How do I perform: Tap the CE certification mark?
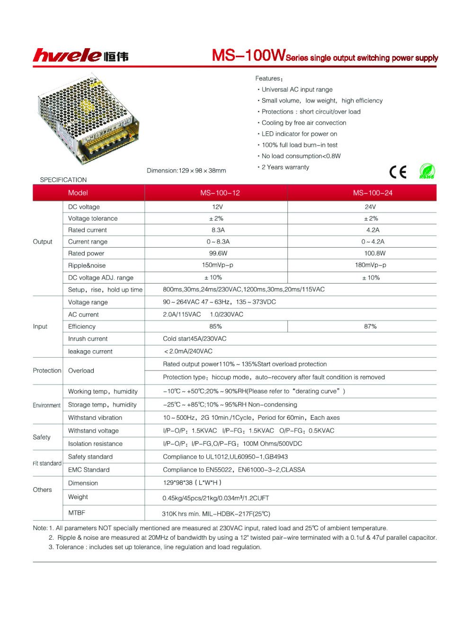coord(398,172)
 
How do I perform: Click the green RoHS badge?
coord(427,171)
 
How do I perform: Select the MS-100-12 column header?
coord(220,193)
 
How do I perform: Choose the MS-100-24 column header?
coord(373,193)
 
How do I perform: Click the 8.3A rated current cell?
coord(218,230)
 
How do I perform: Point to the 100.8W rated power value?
coord(375,253)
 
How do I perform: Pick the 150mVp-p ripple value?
coord(218,265)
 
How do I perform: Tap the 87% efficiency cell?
coord(370,327)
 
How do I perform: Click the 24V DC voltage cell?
coord(370,207)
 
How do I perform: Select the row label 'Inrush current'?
coord(88,339)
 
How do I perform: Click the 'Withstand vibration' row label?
coord(95,418)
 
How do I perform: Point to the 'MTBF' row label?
coord(77,513)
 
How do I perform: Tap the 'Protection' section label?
coord(47,371)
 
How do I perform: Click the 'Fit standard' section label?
coord(47,463)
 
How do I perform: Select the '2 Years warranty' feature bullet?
coord(285,167)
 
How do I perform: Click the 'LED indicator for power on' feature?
coord(299,134)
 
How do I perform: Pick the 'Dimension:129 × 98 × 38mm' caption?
coord(187,171)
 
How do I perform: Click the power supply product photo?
coord(88,118)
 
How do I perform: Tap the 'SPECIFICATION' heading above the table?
coord(63,180)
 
